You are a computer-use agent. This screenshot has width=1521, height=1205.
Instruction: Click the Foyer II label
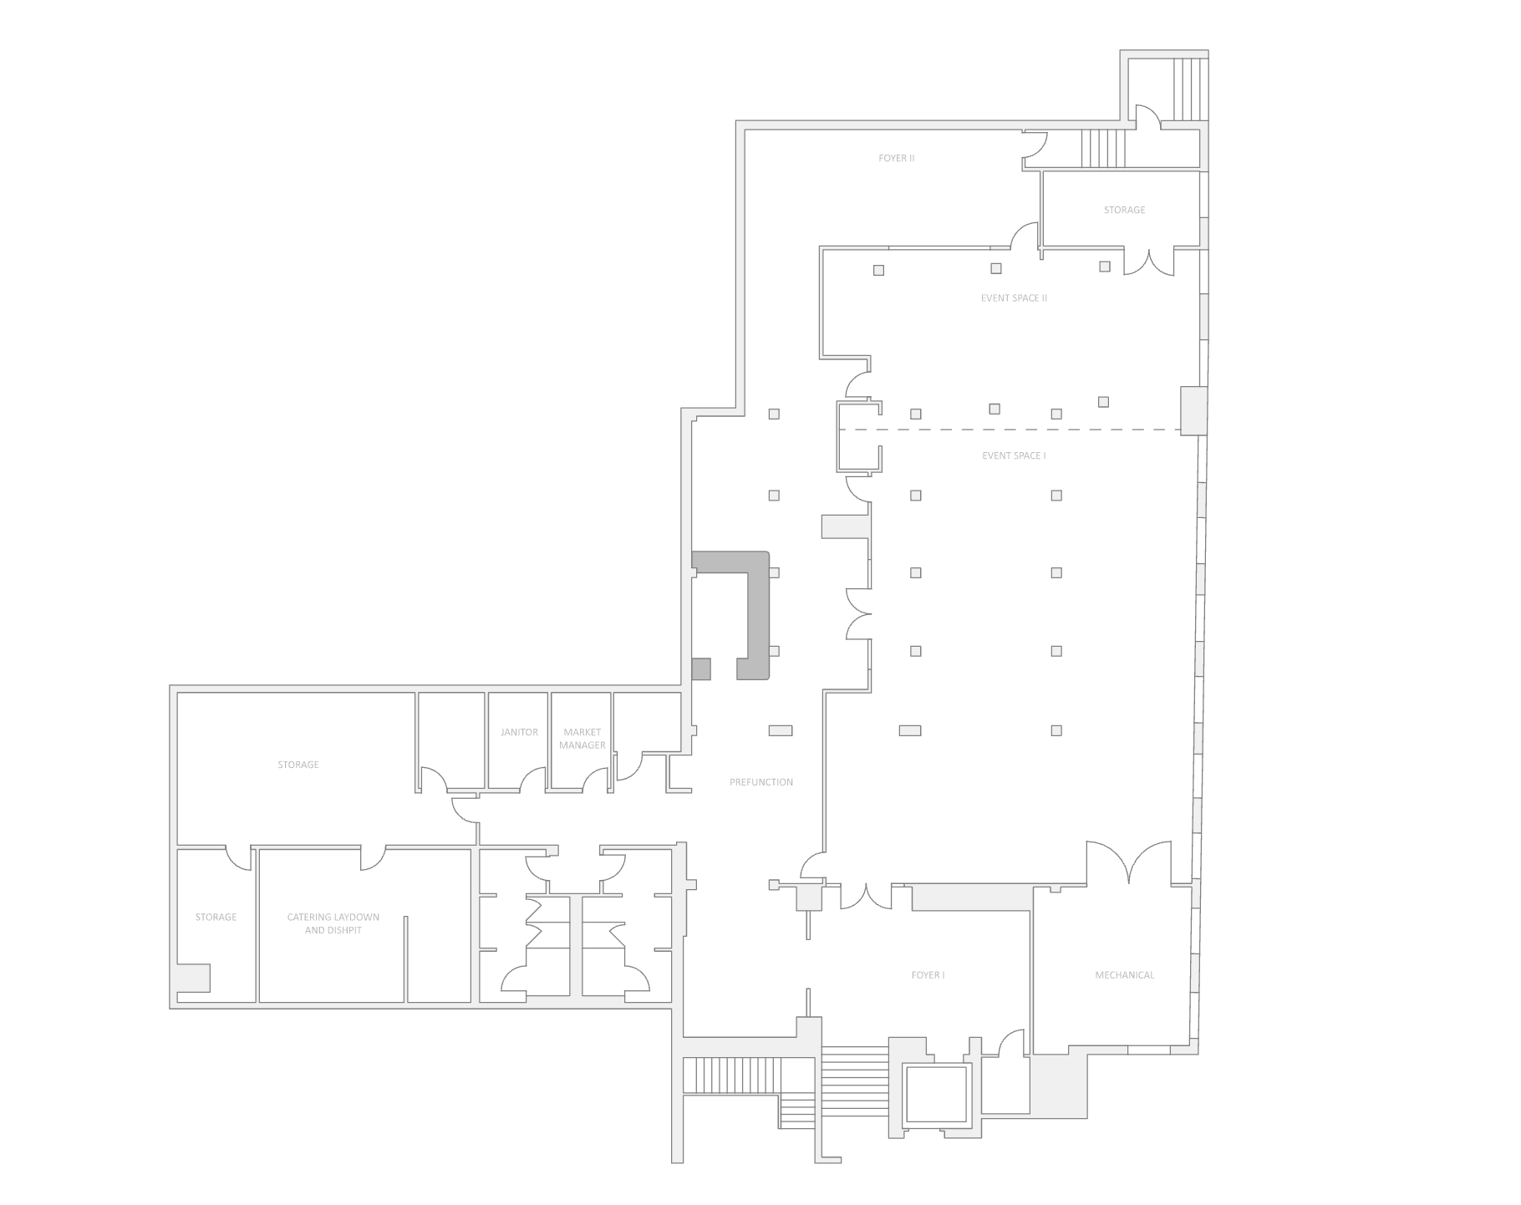click(896, 158)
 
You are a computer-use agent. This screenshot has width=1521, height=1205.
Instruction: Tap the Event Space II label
click(1014, 297)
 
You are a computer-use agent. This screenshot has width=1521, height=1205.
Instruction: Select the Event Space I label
click(1014, 455)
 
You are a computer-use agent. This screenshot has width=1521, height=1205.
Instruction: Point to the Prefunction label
click(760, 782)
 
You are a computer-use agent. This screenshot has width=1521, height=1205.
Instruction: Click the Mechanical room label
click(1124, 975)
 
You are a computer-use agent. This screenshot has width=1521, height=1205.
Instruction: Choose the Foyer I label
click(928, 975)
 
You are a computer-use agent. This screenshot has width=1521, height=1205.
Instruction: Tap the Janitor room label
click(519, 732)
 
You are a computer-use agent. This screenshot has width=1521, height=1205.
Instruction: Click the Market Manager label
click(582, 739)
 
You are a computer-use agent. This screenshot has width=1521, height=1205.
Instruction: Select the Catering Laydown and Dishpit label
click(333, 923)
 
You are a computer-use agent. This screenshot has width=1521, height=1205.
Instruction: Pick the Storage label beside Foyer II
click(1124, 210)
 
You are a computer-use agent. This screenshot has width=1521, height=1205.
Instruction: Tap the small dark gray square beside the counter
click(701, 669)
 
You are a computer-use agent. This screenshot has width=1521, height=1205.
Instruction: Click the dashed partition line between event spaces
click(1010, 430)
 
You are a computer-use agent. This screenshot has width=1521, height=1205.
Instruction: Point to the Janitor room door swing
click(534, 780)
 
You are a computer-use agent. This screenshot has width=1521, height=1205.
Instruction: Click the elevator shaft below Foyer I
click(937, 1094)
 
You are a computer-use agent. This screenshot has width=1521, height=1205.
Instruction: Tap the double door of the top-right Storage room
click(1149, 262)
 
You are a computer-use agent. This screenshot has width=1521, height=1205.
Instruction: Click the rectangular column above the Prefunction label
click(781, 730)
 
